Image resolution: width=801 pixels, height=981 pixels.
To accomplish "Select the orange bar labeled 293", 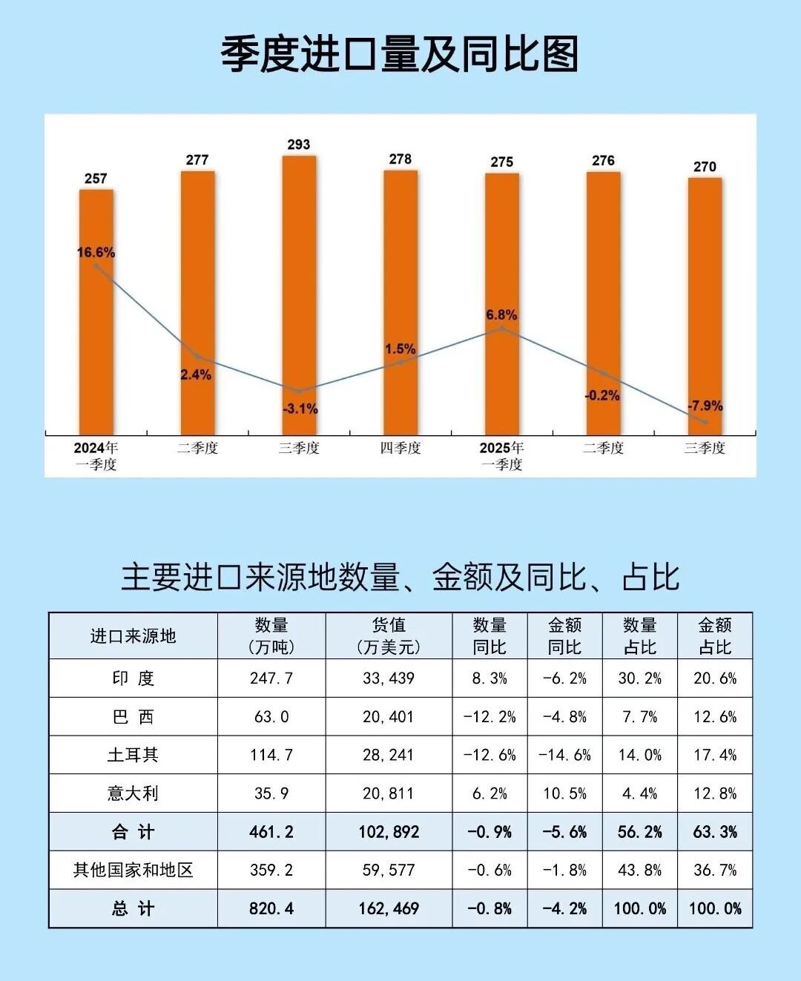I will click(299, 297).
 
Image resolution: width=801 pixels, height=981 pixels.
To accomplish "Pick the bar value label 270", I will click(705, 167).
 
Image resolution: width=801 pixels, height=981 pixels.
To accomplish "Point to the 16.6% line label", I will click(96, 252).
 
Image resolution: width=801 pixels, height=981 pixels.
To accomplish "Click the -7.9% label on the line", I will click(705, 406).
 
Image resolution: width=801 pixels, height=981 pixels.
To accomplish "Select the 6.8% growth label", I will click(501, 315).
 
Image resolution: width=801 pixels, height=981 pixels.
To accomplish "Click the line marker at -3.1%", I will click(299, 391).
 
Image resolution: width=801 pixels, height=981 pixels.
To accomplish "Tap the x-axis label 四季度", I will click(400, 448).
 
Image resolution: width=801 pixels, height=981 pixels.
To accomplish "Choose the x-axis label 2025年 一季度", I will click(501, 456).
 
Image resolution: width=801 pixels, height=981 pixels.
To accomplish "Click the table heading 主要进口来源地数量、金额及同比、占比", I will click(400, 578).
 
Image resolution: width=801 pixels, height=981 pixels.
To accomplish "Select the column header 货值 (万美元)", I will click(389, 636).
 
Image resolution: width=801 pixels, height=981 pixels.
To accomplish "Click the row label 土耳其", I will click(133, 755).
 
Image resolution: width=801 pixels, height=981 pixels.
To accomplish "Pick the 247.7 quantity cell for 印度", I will click(271, 678).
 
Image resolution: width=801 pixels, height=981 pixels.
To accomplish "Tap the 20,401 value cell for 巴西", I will click(389, 717).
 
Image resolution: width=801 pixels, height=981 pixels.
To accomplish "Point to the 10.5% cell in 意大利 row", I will click(564, 793).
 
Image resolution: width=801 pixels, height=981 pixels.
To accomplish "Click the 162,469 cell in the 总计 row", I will click(389, 908).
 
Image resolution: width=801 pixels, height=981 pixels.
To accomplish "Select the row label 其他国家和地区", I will click(133, 870).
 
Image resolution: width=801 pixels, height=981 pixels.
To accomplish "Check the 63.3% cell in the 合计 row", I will click(715, 832).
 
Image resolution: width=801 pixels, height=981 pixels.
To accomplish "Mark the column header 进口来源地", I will click(133, 636).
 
